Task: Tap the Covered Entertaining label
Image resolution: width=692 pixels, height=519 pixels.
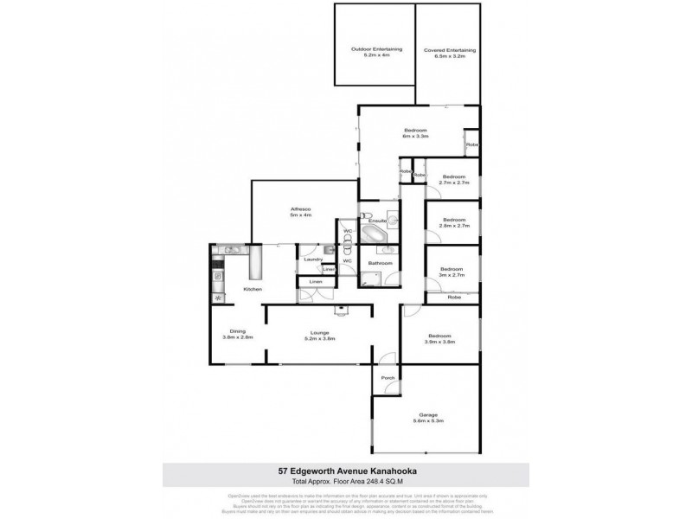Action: tap(449, 54)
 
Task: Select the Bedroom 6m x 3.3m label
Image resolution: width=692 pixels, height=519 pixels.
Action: tap(414, 134)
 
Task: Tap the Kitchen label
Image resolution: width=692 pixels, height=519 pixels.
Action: tap(252, 288)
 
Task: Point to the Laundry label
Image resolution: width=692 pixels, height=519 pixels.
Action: tap(313, 259)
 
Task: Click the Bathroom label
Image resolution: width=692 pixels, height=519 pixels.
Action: tap(380, 263)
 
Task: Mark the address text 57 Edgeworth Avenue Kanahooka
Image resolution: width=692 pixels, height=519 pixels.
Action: tap(345, 471)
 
